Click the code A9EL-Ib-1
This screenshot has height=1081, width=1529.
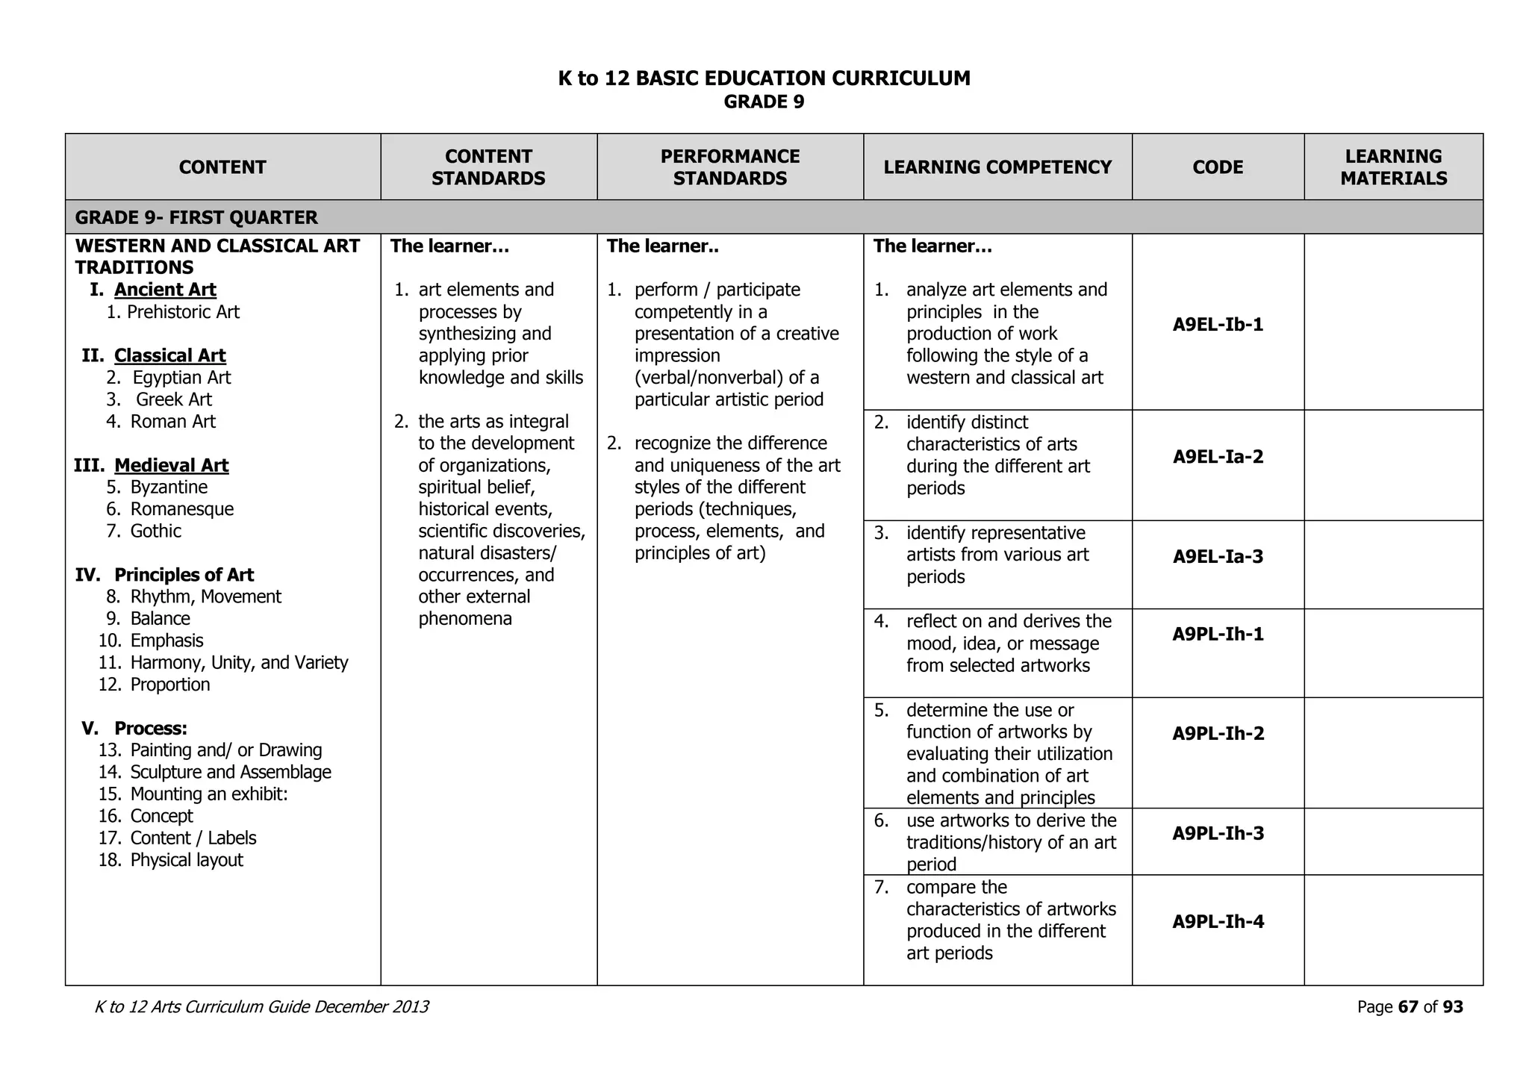pyautogui.click(x=1218, y=325)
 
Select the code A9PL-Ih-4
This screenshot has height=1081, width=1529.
pyautogui.click(x=1218, y=922)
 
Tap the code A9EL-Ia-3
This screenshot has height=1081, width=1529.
pyautogui.click(x=1218, y=557)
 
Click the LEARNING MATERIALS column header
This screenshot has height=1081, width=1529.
pyautogui.click(x=1393, y=167)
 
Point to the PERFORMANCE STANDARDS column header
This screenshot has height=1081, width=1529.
pyautogui.click(x=729, y=167)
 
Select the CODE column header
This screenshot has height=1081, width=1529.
pyautogui.click(x=1218, y=167)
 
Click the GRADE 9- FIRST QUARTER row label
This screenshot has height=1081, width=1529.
pyautogui.click(x=196, y=218)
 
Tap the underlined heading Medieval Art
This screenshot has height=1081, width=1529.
pyautogui.click(x=171, y=466)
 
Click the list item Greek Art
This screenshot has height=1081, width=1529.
pyautogui.click(x=173, y=399)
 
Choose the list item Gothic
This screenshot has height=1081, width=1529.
pyautogui.click(x=155, y=532)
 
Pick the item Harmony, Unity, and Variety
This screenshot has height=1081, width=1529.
pyautogui.click(x=239, y=663)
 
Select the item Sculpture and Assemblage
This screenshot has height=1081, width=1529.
pyautogui.click(x=231, y=773)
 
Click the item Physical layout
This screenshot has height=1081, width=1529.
pyautogui.click(x=187, y=860)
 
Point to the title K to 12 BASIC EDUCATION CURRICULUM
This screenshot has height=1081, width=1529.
pyautogui.click(x=764, y=78)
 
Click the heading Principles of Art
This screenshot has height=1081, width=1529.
pyautogui.click(x=184, y=575)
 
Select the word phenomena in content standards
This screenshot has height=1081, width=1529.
pyautogui.click(x=464, y=619)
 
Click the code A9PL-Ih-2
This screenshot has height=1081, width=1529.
pyautogui.click(x=1218, y=734)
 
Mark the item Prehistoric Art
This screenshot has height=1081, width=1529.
pyautogui.click(x=183, y=312)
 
